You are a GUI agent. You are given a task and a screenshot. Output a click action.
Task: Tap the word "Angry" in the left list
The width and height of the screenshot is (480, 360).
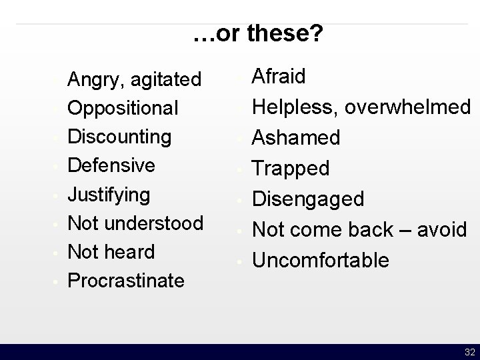pos(92,80)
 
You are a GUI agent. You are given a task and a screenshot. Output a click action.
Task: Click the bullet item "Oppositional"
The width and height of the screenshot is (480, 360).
pos(123,108)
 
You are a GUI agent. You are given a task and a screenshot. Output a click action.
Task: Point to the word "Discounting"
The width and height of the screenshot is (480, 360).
pos(120,136)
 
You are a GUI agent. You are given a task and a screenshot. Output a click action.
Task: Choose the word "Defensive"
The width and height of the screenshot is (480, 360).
pos(112,165)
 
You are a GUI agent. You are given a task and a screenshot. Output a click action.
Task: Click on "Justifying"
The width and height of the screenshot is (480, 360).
pos(109,195)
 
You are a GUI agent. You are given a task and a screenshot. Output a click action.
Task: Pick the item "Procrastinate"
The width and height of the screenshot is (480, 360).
pos(127,280)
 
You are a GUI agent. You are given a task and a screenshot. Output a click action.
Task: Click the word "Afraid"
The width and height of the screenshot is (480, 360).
pos(279,77)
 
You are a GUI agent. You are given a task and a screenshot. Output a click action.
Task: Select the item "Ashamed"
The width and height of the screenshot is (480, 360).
pos(297,137)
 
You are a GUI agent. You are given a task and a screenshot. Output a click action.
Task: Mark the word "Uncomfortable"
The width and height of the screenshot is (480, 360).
pos(319,260)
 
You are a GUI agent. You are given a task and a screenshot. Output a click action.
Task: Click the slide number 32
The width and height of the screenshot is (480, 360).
pos(469,352)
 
